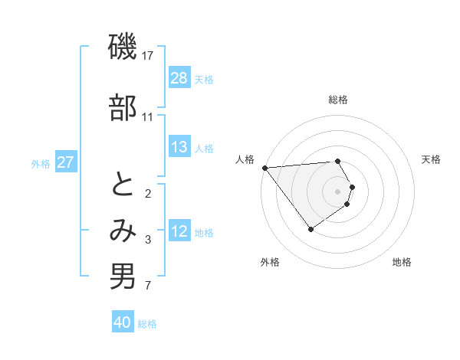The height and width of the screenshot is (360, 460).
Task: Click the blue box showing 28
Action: pyautogui.click(x=179, y=78)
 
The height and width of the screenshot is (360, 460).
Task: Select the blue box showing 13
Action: pyautogui.click(x=179, y=147)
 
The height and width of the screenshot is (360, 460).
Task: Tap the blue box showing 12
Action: pyautogui.click(x=179, y=231)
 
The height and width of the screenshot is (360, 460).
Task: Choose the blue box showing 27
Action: pyautogui.click(x=66, y=162)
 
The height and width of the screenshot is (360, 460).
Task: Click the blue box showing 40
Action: pyautogui.click(x=123, y=322)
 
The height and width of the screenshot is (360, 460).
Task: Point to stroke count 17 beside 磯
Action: pyautogui.click(x=148, y=56)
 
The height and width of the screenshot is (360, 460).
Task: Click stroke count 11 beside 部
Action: pyautogui.click(x=148, y=116)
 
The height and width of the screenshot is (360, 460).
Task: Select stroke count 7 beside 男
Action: pyautogui.click(x=148, y=286)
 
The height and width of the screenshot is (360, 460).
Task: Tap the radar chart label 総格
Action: pyautogui.click(x=338, y=100)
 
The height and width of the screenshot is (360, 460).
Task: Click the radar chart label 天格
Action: pyautogui.click(x=432, y=159)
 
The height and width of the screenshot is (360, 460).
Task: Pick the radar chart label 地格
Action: pyautogui.click(x=402, y=262)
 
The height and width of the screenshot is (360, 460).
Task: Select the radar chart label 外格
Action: pyautogui.click(x=270, y=262)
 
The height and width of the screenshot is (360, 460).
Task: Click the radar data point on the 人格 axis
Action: pyautogui.click(x=264, y=167)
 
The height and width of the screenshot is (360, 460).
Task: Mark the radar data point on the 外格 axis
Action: pyautogui.click(x=310, y=228)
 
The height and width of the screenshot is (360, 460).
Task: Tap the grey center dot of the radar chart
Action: pyautogui.click(x=338, y=191)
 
